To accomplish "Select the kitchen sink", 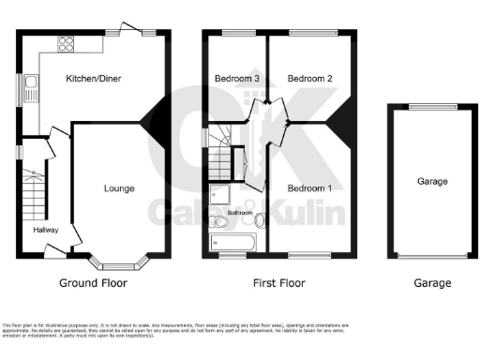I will click(32, 91).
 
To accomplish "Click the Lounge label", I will click(118, 188).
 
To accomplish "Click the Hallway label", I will click(46, 230).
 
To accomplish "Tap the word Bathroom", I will click(239, 213).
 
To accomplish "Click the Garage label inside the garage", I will click(432, 181).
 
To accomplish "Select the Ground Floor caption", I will click(93, 282).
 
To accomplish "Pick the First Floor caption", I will click(278, 282).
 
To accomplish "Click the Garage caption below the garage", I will click(432, 282).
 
